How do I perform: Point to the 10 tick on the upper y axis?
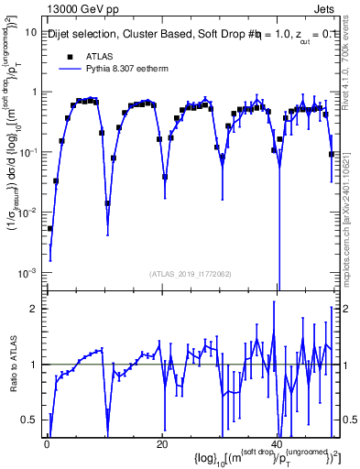[x=30, y=31]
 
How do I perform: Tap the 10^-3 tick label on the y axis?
[x=27, y=273]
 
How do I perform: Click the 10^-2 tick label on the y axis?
[x=27, y=213]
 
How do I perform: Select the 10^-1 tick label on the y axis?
[x=27, y=152]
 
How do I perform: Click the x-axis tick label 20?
[x=161, y=443]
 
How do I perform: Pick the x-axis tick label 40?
[x=276, y=443]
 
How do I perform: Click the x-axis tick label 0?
[x=47, y=443]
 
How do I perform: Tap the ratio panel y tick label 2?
[x=33, y=309]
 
